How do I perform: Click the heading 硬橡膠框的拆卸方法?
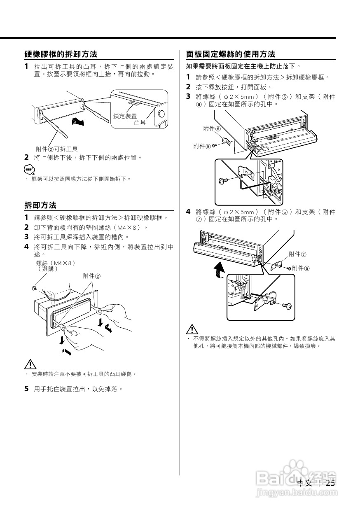point(61,54)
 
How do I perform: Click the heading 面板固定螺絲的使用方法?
point(231,54)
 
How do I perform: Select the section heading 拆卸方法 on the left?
point(40,205)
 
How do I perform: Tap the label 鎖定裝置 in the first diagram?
point(125,117)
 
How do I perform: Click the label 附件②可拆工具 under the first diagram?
point(57,149)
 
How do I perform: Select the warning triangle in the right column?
point(192,329)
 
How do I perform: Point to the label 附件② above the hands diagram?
point(91,275)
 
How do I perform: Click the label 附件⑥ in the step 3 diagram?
point(212,129)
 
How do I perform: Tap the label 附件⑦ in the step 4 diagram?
point(297,254)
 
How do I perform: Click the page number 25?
point(330,483)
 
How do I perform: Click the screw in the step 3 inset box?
point(224,181)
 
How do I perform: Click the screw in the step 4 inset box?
point(287,306)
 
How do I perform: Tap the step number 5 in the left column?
point(26,388)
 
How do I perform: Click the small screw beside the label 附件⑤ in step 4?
point(289,268)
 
